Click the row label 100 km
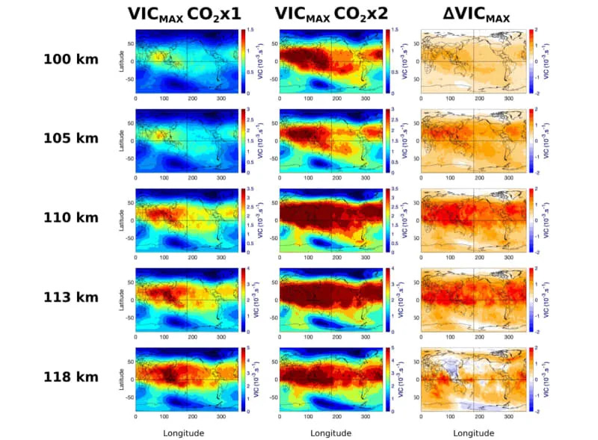pos(70,59)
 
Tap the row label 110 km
pos(70,217)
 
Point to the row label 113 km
pos(70,297)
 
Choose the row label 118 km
pos(70,377)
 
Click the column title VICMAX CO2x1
pos(183,14)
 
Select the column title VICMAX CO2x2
pos(330,14)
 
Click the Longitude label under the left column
pos(183,433)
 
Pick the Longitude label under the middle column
pos(330,433)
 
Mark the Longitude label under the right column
pos(474,433)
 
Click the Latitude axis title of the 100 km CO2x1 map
pos(121,61)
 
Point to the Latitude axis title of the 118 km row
pos(121,379)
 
